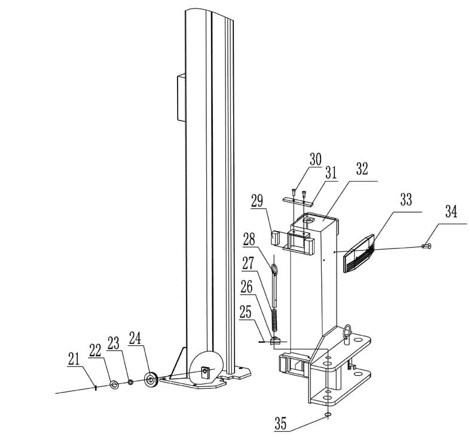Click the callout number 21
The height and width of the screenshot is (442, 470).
click(x=74, y=359)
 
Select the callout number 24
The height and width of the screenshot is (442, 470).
click(x=135, y=338)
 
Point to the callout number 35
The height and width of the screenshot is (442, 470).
click(x=280, y=424)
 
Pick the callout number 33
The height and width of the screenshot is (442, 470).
click(x=406, y=199)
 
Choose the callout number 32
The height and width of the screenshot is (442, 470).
click(x=362, y=169)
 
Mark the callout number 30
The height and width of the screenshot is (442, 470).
click(x=315, y=159)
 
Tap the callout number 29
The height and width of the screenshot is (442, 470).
click(x=257, y=201)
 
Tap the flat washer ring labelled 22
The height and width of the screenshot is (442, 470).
click(x=114, y=385)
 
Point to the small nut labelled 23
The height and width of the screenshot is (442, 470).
click(x=130, y=382)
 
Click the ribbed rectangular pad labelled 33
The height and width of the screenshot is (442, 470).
click(x=359, y=253)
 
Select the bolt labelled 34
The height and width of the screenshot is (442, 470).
click(x=426, y=246)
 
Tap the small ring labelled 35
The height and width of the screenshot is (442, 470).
click(x=328, y=415)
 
